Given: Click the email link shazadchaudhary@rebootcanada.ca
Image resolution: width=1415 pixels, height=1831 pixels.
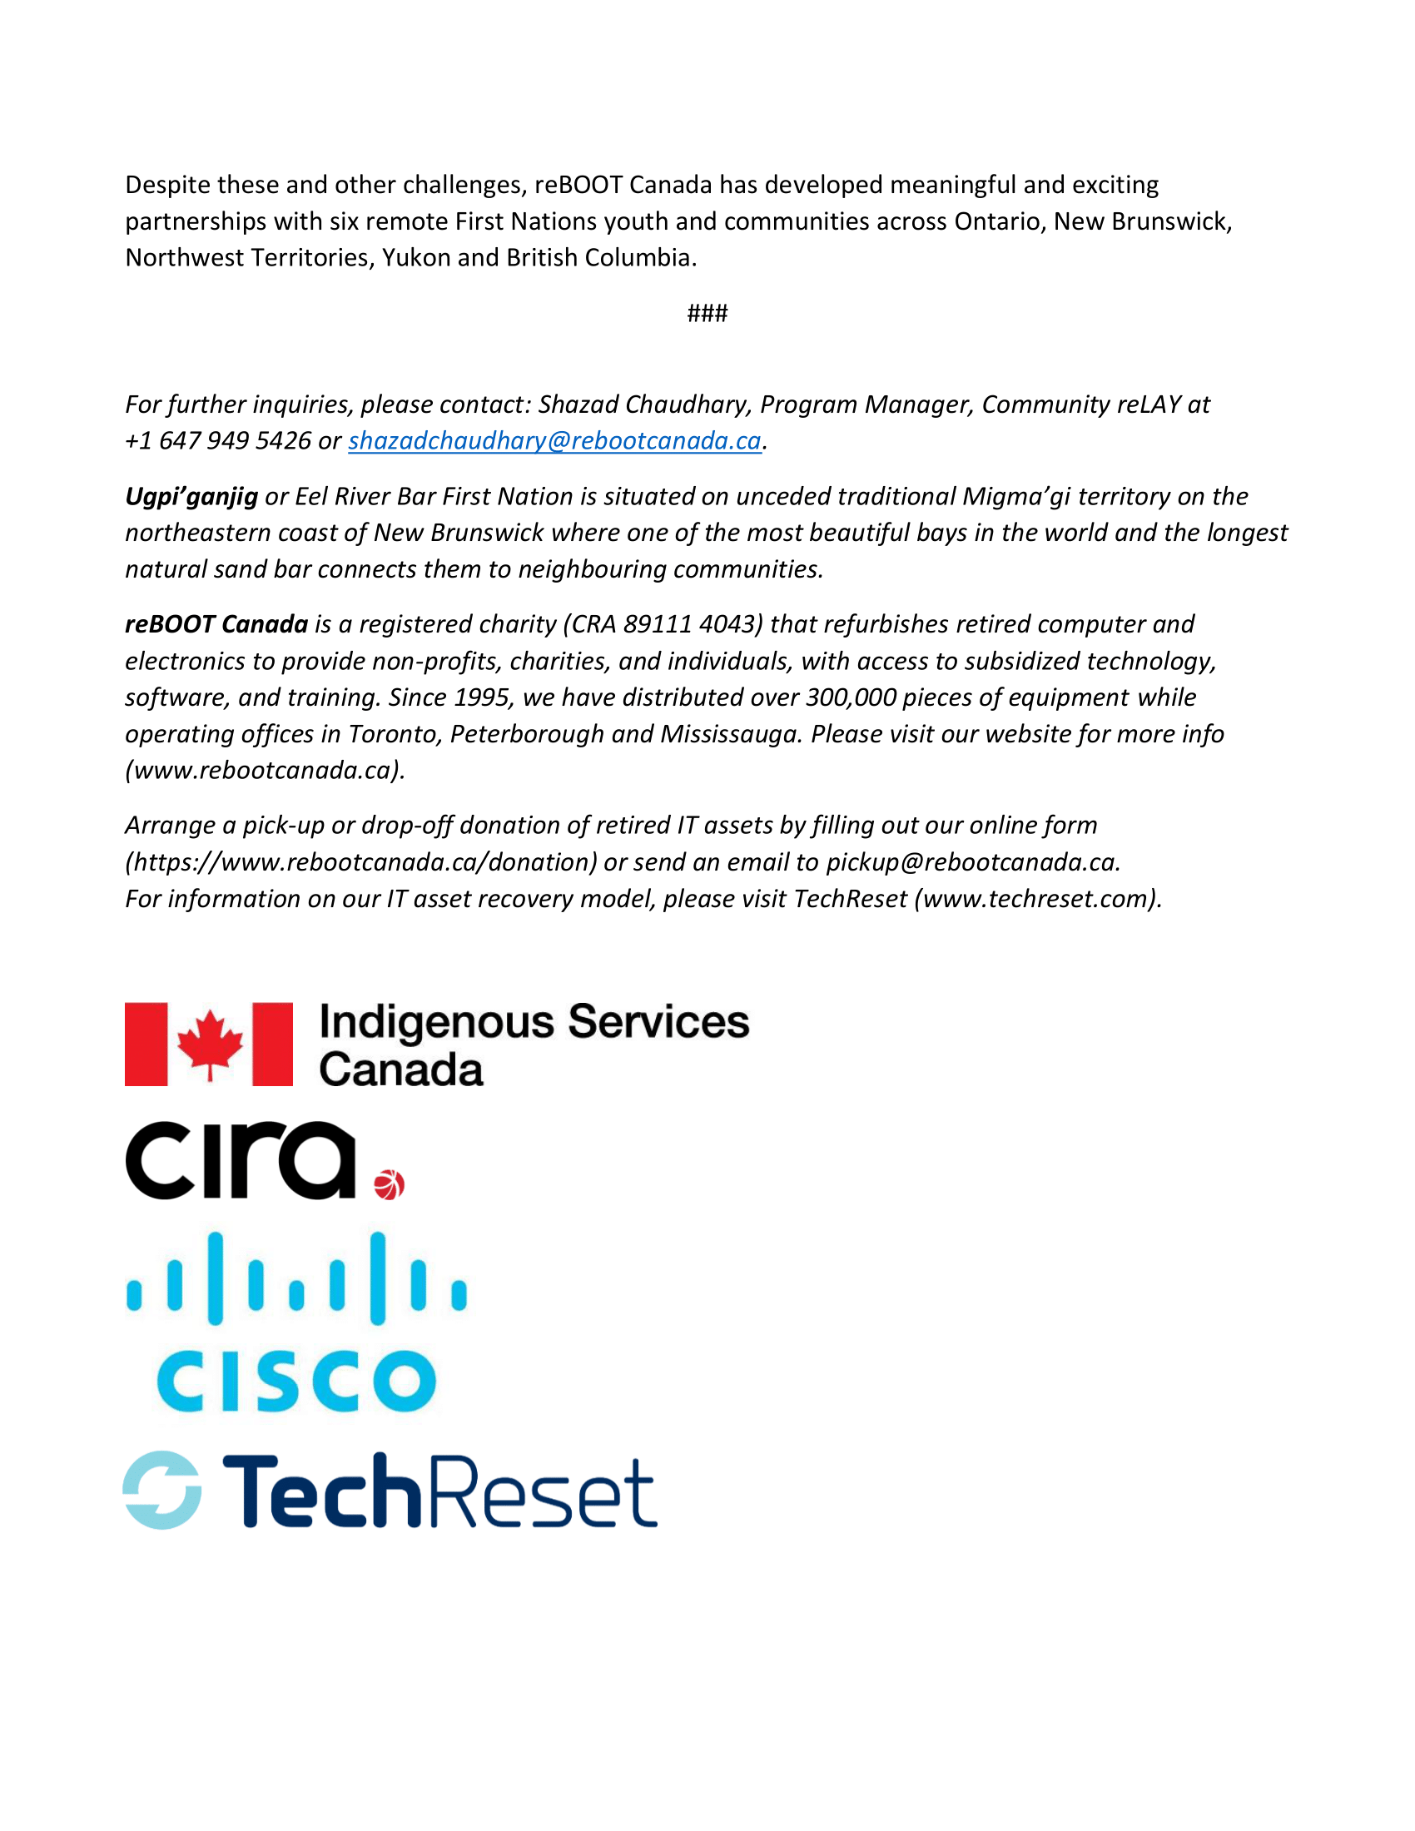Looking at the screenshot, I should coord(554,441).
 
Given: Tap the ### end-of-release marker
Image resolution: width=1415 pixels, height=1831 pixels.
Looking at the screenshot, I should coord(707,314).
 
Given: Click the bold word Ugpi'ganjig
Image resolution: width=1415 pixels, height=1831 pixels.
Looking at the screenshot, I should coord(191,497).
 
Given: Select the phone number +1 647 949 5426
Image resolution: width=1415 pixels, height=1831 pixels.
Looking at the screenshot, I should coord(218,441).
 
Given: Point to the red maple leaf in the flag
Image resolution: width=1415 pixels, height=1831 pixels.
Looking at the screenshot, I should coord(210,1042).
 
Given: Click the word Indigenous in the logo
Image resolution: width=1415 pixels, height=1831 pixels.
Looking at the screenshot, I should coord(436,1023).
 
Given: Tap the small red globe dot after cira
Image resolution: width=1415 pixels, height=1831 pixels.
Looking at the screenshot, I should coord(389,1184).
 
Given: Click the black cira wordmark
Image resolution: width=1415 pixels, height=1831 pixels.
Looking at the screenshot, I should coord(241,1160).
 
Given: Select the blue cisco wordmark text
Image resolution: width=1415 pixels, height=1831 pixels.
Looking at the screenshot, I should coord(296,1381).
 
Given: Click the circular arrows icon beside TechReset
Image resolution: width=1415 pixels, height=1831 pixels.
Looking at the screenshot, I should coord(161,1490).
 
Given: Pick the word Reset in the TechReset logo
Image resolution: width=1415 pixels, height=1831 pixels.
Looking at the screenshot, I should coord(544,1492).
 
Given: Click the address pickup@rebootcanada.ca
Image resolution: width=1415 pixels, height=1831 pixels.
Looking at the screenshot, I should coord(971,862).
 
